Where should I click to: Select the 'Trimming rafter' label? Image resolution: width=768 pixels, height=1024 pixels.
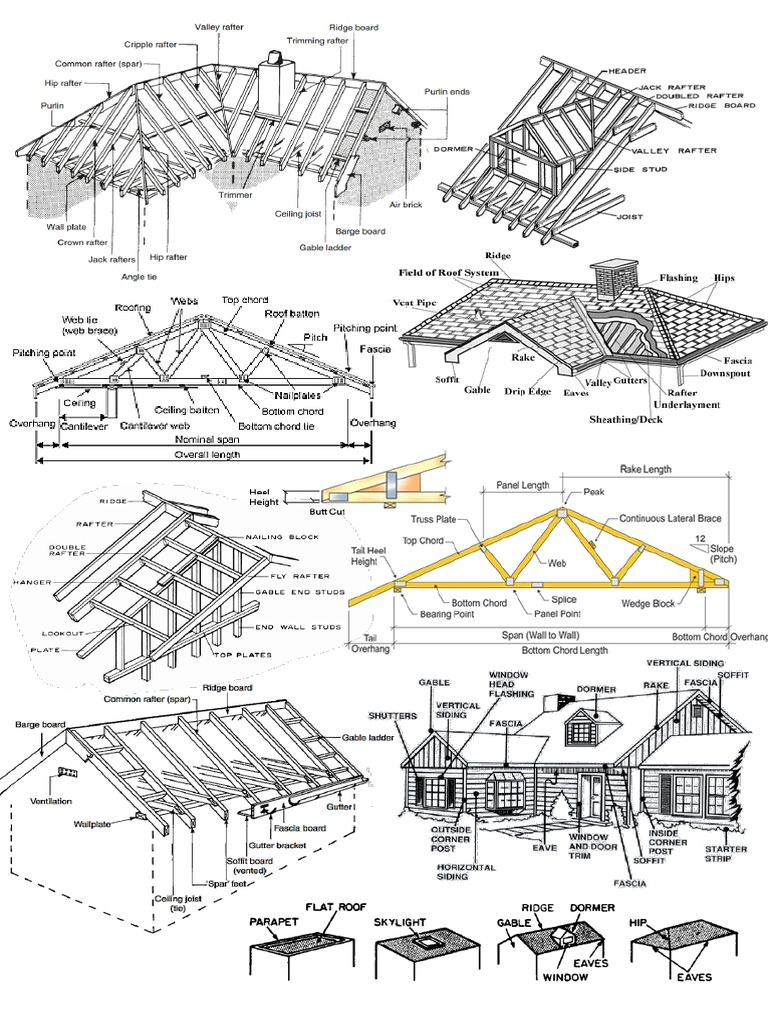coord(318,41)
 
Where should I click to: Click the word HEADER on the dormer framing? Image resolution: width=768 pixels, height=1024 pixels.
coord(626,72)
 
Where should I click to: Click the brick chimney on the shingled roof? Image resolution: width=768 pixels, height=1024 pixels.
coord(607,279)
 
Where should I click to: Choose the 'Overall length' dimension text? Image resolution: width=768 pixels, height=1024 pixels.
coord(201,455)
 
